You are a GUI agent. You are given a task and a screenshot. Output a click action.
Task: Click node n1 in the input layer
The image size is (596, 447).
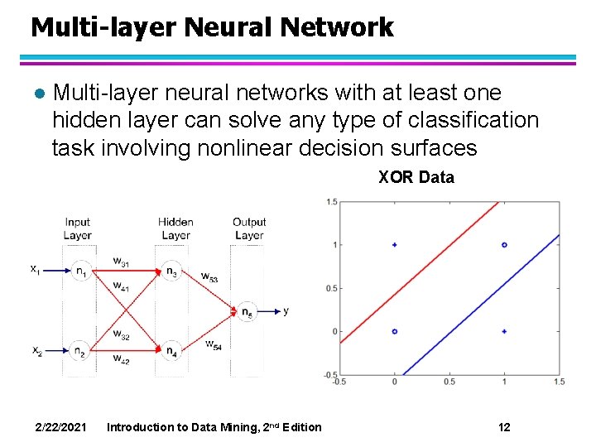coord(80,271)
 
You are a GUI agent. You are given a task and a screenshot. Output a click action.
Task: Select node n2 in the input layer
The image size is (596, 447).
coord(80,350)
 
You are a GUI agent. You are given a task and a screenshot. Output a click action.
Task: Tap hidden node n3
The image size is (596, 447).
coord(171,271)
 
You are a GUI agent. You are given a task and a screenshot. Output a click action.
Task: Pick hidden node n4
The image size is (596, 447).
coord(171,350)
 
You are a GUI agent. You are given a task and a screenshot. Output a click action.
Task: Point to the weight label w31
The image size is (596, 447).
coord(121,262)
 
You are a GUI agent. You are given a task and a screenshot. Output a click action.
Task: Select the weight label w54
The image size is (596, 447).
coord(213,344)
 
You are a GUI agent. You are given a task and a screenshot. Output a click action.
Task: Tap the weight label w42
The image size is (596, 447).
coord(121,358)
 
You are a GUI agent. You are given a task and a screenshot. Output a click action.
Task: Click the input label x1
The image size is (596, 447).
coord(36,268)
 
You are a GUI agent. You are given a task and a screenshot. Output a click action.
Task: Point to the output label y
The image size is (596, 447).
coord(286,311)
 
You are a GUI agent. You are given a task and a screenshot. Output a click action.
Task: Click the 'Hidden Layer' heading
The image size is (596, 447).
coord(175,228)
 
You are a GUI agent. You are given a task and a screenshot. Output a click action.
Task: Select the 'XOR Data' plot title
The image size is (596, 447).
coord(416,177)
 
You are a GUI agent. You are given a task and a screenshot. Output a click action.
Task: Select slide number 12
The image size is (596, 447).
coord(504,427)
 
